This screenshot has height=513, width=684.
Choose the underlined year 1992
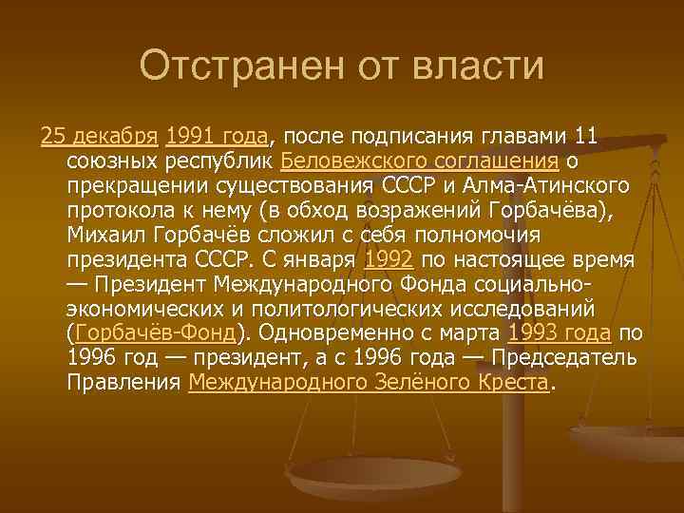click(389, 258)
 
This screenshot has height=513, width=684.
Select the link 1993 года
click(561, 332)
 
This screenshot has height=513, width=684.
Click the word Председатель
click(557, 357)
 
